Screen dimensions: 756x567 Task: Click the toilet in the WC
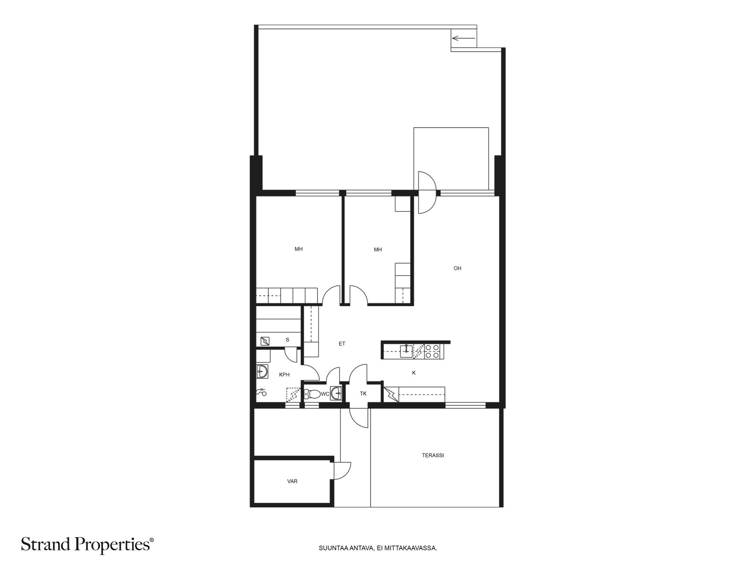(311, 394)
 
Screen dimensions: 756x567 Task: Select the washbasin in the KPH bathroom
(262, 371)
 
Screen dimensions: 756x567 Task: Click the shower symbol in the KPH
(261, 392)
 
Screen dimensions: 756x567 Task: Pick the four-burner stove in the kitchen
(432, 351)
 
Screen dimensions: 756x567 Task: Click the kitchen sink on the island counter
(406, 351)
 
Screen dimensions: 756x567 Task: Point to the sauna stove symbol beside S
(265, 341)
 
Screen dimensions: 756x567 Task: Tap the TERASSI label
(433, 455)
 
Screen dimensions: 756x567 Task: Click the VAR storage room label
(292, 481)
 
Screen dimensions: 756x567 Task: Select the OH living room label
(457, 268)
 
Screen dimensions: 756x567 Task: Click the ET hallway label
(342, 344)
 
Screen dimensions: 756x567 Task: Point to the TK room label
(363, 394)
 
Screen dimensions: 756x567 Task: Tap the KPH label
(284, 375)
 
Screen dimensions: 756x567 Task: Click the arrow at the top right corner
(464, 38)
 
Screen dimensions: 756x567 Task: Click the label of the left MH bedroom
(298, 249)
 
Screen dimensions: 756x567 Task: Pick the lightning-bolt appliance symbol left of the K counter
(391, 394)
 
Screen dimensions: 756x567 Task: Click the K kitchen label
(413, 372)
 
